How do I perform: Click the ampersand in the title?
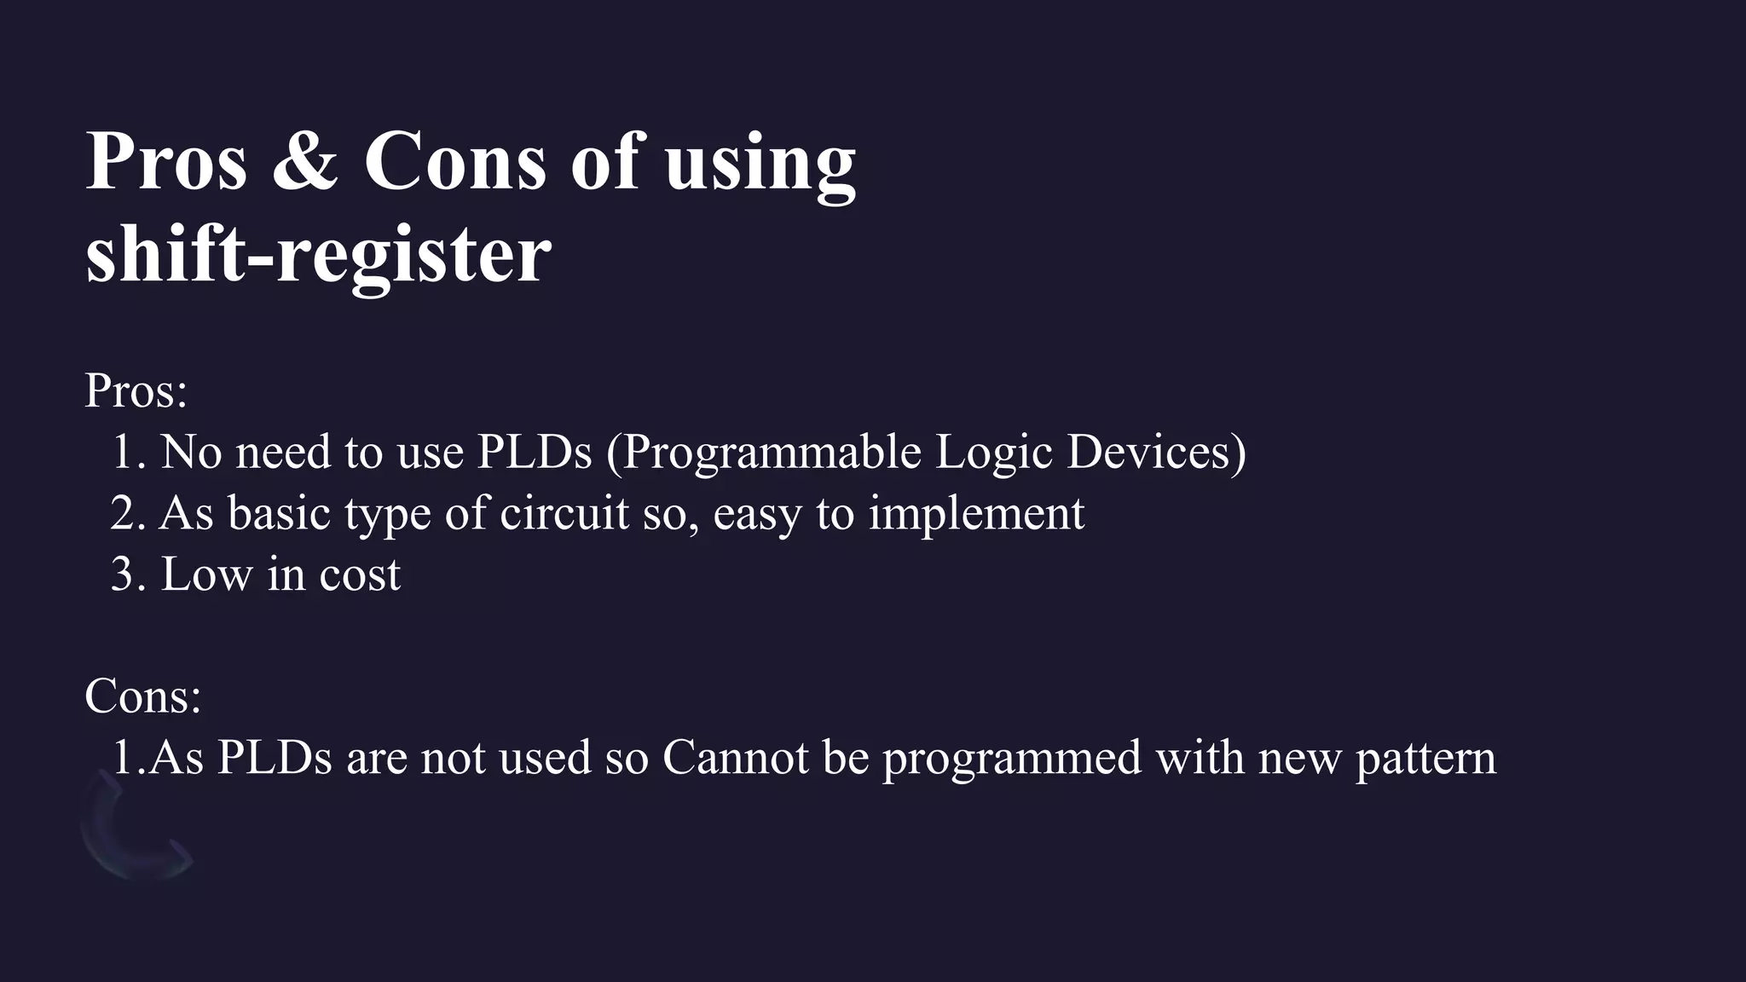click(x=305, y=162)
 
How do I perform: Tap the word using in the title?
click(x=759, y=164)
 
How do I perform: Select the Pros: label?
click(x=136, y=391)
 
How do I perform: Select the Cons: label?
click(x=142, y=696)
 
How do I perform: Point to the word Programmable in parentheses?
click(x=771, y=453)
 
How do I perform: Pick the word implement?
click(x=976, y=515)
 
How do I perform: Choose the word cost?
click(x=359, y=575)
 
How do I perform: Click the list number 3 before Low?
click(x=122, y=575)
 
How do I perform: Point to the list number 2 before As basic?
click(x=122, y=513)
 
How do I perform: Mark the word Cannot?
click(x=735, y=757)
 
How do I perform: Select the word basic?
click(x=279, y=513)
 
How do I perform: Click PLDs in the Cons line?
click(x=274, y=757)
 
